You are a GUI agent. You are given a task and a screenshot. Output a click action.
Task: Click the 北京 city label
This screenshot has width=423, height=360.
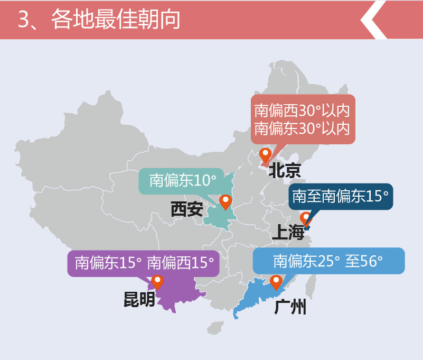pos(285,170)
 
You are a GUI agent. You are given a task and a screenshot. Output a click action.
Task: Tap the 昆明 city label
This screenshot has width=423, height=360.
pos(139,299)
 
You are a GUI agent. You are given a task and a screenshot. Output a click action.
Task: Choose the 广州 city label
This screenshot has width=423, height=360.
pos(290,307)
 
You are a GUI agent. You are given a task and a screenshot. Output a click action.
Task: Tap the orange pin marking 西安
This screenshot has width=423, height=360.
pos(226,201)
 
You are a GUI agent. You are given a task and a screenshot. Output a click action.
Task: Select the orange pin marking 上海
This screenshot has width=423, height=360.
pos(306,218)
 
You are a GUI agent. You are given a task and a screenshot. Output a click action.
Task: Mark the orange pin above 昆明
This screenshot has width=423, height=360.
pos(157,282)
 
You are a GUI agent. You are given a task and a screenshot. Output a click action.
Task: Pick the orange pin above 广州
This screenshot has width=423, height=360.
pos(276,282)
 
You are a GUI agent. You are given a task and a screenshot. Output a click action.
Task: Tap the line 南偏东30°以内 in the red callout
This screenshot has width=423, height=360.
pos(302,128)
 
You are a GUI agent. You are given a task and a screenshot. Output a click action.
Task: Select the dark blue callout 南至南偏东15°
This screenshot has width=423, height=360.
pos(340,197)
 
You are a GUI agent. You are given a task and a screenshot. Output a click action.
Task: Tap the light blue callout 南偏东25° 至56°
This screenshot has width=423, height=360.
pos(328,261)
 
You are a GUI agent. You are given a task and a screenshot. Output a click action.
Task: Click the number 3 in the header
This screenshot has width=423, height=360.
pos(23,20)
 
